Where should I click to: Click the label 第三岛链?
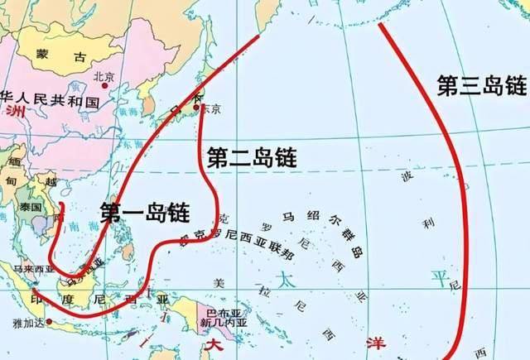482,84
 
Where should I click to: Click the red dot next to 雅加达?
50,321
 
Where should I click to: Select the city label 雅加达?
26,323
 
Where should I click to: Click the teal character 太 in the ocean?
286,278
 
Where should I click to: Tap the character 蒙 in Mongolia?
43,56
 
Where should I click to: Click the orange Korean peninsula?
149,106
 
